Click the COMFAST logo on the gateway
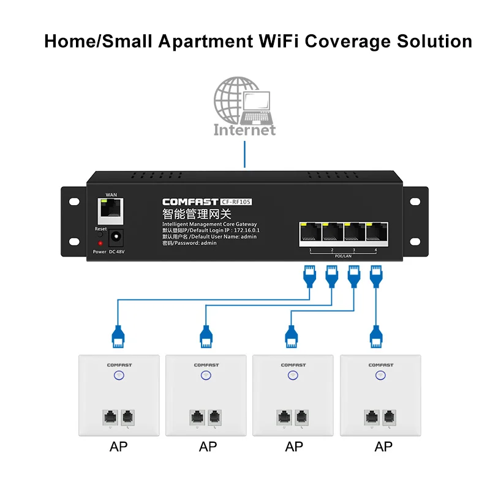click(x=190, y=202)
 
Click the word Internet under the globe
click(x=244, y=130)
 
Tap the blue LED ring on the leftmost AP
click(x=119, y=376)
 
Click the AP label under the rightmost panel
click(x=383, y=447)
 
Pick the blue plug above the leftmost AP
click(x=118, y=334)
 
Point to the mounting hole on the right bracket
click(x=416, y=201)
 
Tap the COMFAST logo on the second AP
click(x=206, y=365)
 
